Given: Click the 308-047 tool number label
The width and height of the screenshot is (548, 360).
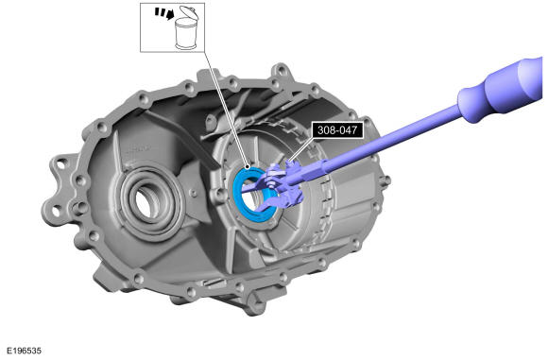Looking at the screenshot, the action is point(337,130).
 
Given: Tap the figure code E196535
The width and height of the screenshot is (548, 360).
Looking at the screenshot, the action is point(25,351).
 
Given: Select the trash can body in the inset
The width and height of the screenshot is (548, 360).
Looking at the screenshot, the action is point(187,34).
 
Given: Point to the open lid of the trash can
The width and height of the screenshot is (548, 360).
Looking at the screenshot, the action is point(189,12).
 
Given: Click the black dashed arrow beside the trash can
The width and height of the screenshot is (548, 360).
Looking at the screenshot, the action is point(164,14).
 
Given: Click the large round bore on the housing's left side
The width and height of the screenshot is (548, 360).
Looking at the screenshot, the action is point(151,203).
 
